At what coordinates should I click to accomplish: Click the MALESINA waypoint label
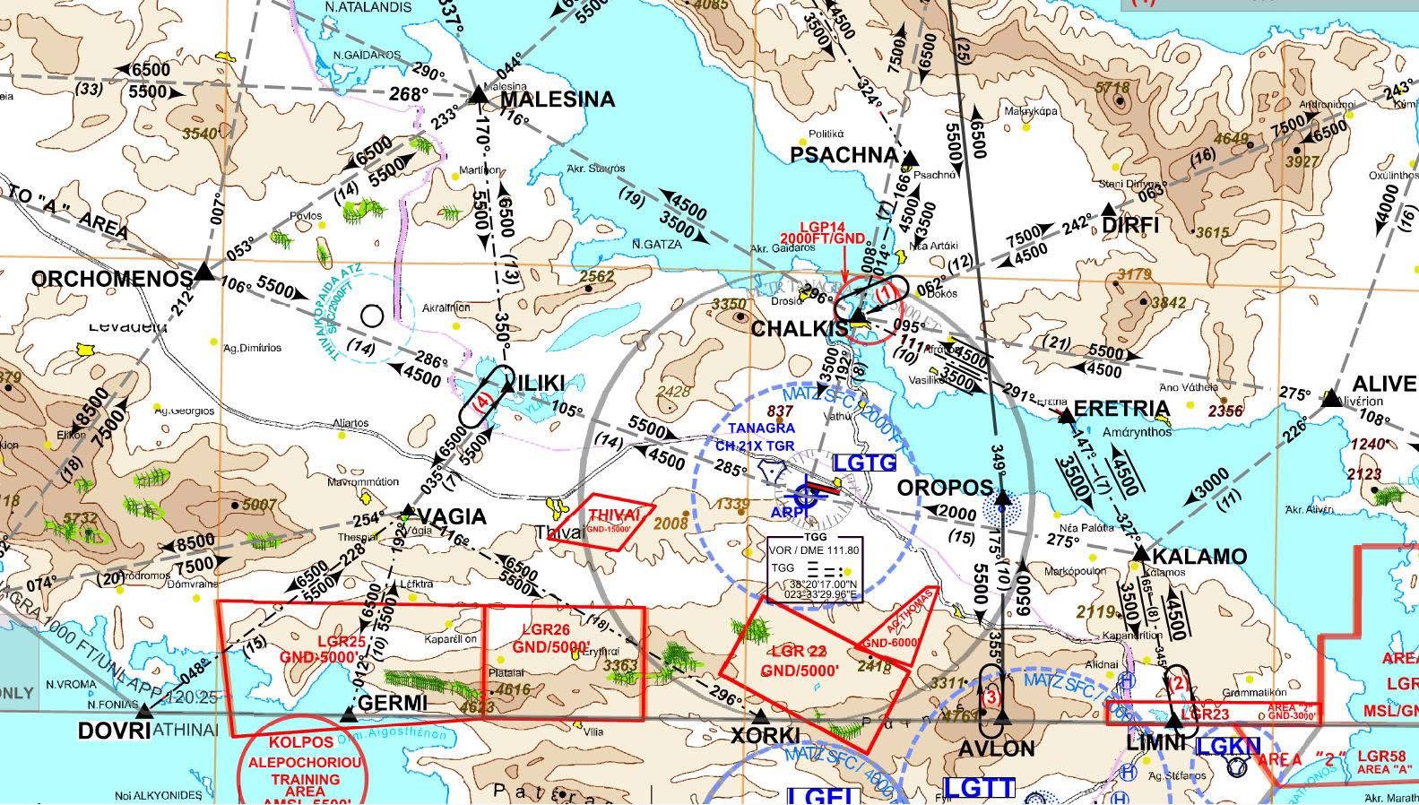coord(557,100)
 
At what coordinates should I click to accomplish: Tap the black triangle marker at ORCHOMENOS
coord(205,272)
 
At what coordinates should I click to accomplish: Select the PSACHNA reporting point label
coord(844,155)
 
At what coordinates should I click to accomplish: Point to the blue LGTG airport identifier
coord(864,463)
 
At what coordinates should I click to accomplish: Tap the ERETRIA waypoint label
coord(1120,410)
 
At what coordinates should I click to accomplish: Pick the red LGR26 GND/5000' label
coord(550,637)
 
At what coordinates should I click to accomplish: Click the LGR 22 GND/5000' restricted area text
coord(800,661)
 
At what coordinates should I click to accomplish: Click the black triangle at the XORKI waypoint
coord(761,716)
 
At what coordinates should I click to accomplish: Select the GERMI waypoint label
coord(392,704)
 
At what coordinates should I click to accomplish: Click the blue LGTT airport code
coord(980,788)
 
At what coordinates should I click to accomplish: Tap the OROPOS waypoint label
coord(945,489)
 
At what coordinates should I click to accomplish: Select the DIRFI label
coord(1130,225)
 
